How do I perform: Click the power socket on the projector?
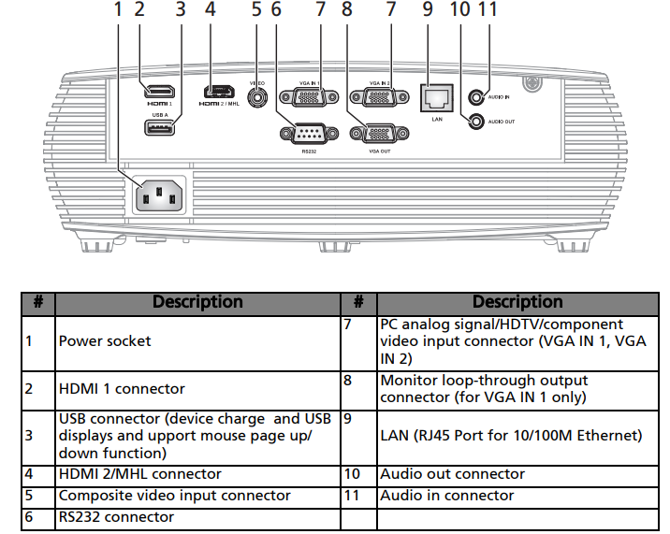click(159, 195)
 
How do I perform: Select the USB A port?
click(160, 128)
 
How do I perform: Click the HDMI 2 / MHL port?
click(221, 92)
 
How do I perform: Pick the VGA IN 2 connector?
click(371, 96)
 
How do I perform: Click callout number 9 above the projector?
click(428, 10)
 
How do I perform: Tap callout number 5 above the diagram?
click(256, 10)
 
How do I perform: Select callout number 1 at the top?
click(119, 10)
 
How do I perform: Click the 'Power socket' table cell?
click(105, 341)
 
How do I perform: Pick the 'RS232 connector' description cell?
click(116, 517)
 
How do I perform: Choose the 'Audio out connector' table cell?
click(452, 474)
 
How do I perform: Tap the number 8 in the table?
click(347, 381)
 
